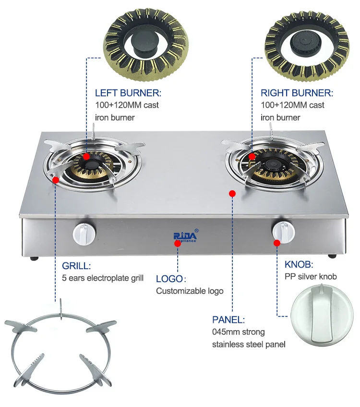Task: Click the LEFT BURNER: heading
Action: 128,93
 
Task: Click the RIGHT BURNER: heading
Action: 297,93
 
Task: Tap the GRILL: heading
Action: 76,266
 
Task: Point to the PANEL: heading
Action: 228,320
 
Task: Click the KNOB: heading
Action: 299,264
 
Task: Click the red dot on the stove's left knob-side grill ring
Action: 56,180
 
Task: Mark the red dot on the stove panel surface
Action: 232,193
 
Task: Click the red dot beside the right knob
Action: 277,243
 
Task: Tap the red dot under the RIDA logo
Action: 178,244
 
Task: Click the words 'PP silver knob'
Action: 311,276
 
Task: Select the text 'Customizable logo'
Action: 190,291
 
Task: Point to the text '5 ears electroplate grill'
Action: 103,278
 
